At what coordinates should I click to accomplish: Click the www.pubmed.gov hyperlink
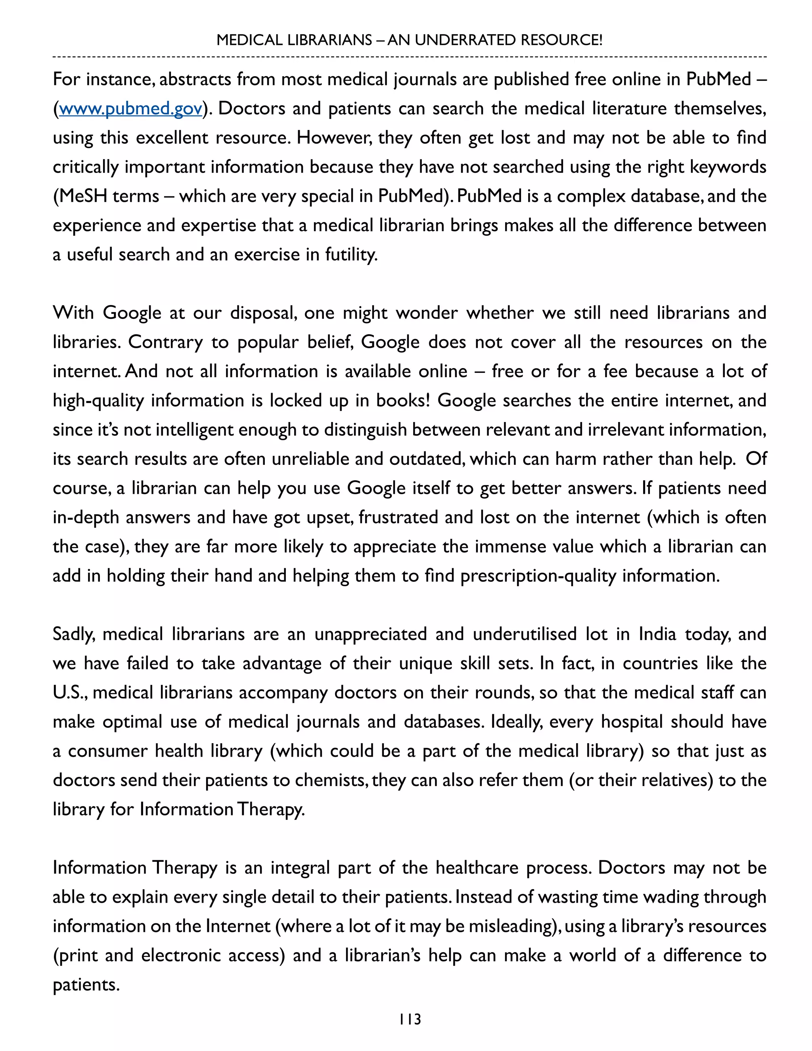tap(130, 109)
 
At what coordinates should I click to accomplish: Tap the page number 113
tap(410, 1019)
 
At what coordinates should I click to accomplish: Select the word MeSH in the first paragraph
tap(80, 196)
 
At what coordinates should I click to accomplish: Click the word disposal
tap(262, 313)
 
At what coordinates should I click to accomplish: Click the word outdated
tap(426, 459)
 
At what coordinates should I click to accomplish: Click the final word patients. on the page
tap(86, 985)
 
